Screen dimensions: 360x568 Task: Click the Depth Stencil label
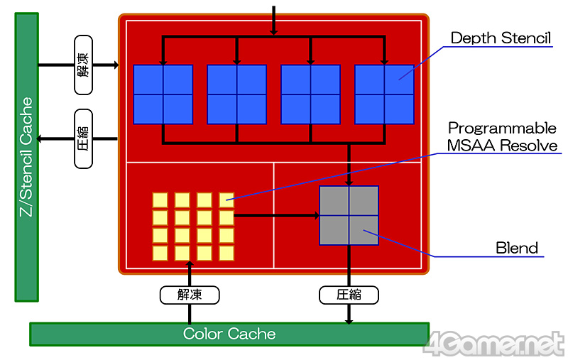coord(500,37)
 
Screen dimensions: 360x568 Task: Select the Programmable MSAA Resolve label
coord(502,137)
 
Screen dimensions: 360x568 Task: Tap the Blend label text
coord(516,248)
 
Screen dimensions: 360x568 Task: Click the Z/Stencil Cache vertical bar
coord(26,156)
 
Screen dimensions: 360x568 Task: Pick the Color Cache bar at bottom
coord(229,334)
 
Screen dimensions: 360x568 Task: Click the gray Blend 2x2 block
coord(349,216)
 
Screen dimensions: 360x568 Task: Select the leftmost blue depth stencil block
coord(163,94)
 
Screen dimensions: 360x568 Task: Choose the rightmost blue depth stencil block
coord(384,94)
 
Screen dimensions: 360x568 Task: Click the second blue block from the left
coord(237,94)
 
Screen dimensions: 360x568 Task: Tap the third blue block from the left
coord(311,94)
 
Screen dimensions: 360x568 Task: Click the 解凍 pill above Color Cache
coord(190,294)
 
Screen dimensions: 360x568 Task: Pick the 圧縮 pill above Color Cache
coord(349,294)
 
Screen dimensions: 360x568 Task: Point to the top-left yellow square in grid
coord(160,200)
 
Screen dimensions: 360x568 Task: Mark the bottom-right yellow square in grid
coord(226,252)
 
